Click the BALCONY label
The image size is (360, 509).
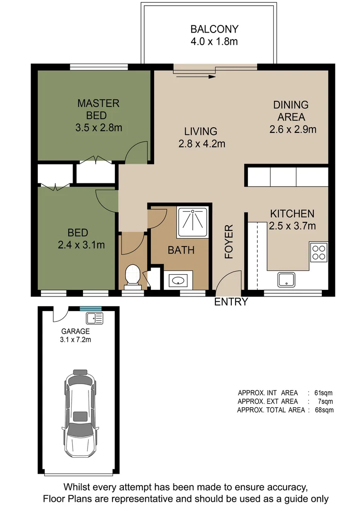[214, 29]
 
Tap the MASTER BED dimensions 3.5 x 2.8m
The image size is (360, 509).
[98, 127]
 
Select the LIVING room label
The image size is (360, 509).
[201, 131]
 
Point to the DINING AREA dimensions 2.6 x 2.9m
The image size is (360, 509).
[293, 129]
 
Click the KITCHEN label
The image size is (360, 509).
[292, 213]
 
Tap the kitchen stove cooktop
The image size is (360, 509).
[319, 251]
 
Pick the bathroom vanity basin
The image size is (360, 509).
[178, 281]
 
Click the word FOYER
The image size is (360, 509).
[229, 242]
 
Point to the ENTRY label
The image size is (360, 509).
[231, 302]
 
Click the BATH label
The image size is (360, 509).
[181, 250]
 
